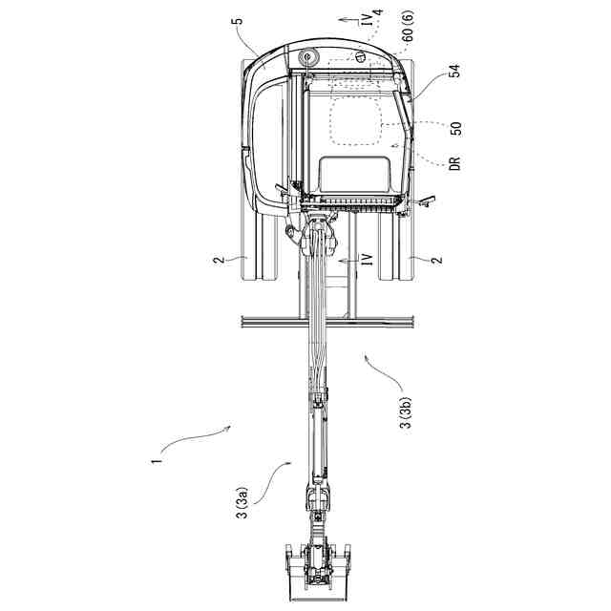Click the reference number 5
pos(239,20)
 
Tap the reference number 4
pos(378,11)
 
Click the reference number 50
pos(455,129)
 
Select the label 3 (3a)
pos(243,503)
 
